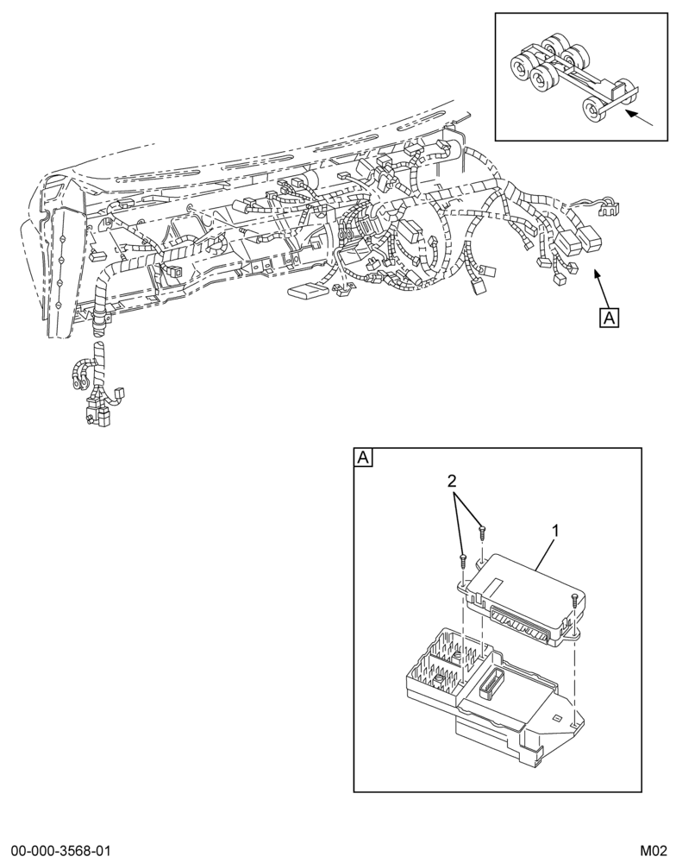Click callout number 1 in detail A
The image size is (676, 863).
tap(555, 531)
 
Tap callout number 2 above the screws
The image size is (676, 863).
tap(452, 482)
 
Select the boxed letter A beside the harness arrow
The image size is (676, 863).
tap(610, 318)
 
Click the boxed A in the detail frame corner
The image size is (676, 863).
tap(363, 457)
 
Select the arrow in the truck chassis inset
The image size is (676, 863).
tap(639, 117)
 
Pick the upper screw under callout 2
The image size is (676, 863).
tap(482, 531)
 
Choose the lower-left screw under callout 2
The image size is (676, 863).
tap(462, 560)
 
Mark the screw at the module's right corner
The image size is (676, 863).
tap(573, 600)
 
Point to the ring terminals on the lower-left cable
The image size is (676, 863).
tap(81, 374)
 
